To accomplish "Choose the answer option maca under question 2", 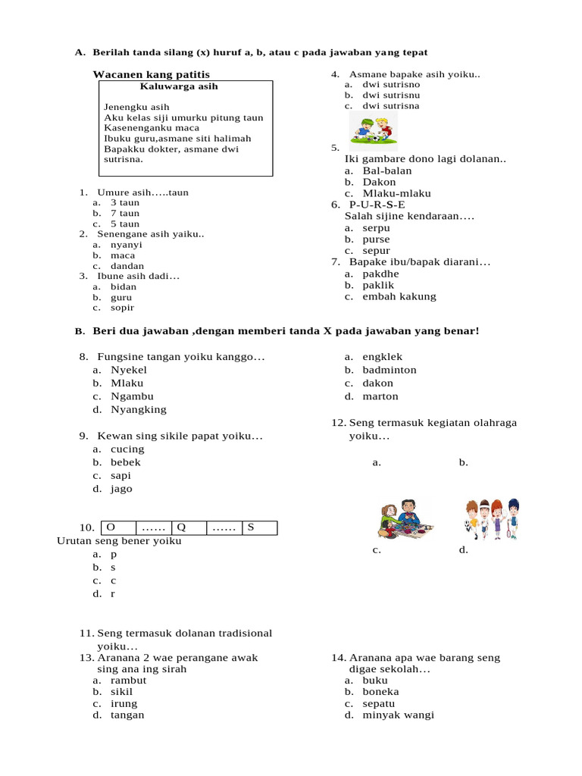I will pyautogui.click(x=123, y=255).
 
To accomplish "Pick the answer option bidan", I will pyautogui.click(x=124, y=286).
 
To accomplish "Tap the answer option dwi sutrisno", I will pyautogui.click(x=391, y=84).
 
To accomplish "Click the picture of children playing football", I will pyautogui.click(x=373, y=129).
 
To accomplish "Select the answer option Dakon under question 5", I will pyautogui.click(x=379, y=182).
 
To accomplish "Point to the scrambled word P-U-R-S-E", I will pyautogui.click(x=377, y=205).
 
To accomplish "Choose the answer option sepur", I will pyautogui.click(x=376, y=250).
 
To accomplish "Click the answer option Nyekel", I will pyautogui.click(x=129, y=370).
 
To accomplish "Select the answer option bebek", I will pyautogui.click(x=126, y=462).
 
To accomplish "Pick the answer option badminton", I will pyautogui.click(x=390, y=370).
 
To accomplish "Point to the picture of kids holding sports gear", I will pyautogui.click(x=491, y=518).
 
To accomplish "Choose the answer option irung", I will pyautogui.click(x=124, y=703).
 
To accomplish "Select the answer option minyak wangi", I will pyautogui.click(x=398, y=715).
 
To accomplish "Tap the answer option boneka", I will pyautogui.click(x=380, y=691).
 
